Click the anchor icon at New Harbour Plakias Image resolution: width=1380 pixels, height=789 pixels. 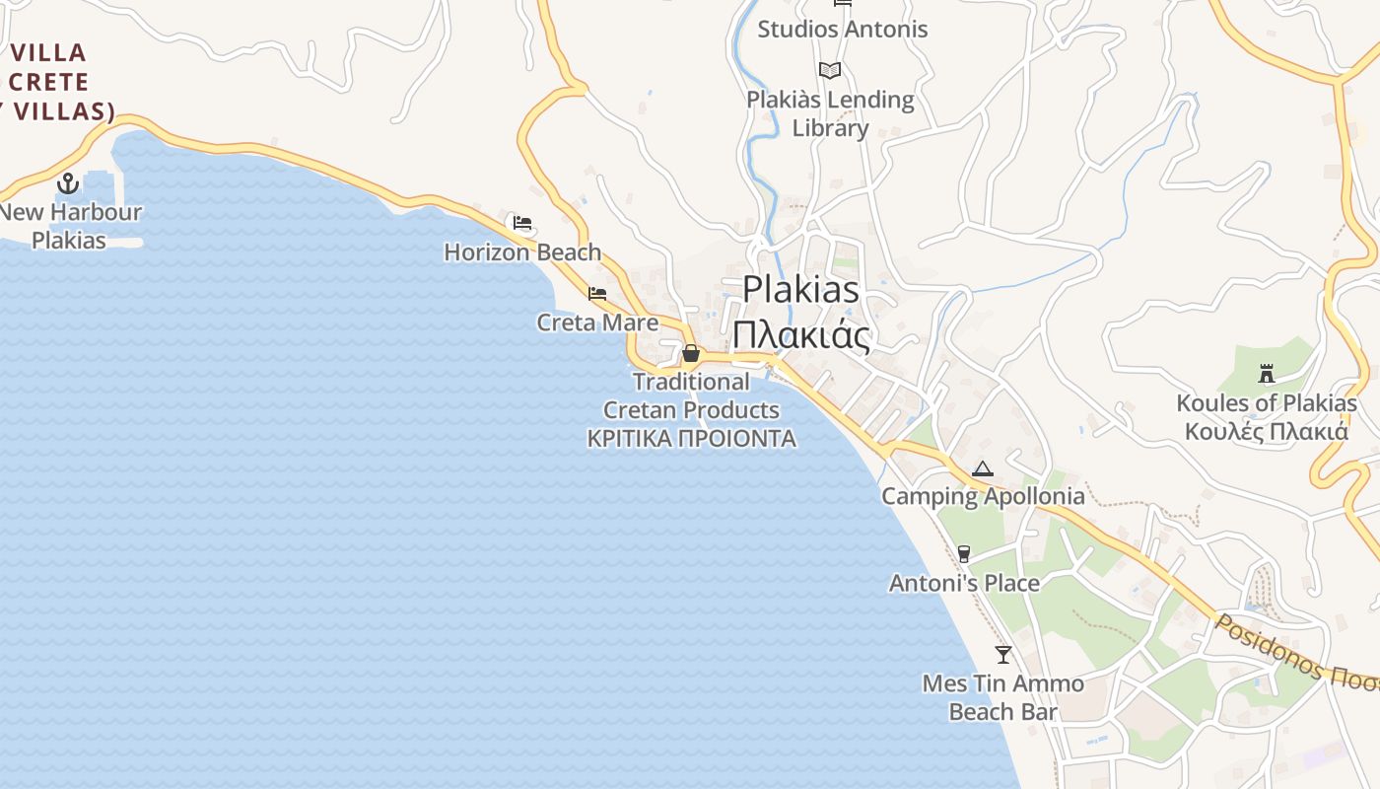click(x=68, y=182)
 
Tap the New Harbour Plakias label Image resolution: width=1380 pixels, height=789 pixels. click(x=70, y=226)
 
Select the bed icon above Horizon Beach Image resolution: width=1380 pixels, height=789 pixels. click(x=522, y=223)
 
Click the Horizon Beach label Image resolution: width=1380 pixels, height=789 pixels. click(x=522, y=252)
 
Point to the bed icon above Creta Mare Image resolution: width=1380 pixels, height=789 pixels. click(x=597, y=293)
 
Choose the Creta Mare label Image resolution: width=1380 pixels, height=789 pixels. click(x=597, y=323)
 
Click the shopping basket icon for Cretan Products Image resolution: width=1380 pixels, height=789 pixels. click(x=691, y=352)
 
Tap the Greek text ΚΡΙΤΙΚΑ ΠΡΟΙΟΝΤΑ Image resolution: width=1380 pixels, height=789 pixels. click(x=691, y=439)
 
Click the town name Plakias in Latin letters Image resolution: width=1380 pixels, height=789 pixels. click(x=800, y=290)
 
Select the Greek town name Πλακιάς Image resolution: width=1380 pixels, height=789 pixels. click(x=800, y=335)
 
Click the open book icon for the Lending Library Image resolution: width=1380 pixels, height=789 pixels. click(x=830, y=70)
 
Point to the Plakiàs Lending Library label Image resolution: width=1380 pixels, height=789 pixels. click(x=830, y=113)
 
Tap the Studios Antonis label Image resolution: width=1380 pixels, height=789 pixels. click(x=842, y=30)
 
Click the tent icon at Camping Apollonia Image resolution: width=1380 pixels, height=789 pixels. click(x=982, y=468)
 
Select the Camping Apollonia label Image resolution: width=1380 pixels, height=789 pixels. click(x=983, y=496)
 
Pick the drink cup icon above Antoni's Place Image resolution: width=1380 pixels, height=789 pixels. click(x=964, y=554)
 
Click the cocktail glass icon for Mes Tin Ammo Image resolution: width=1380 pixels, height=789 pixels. click(x=1003, y=654)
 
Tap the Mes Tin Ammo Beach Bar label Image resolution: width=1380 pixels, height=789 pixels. click(x=1002, y=697)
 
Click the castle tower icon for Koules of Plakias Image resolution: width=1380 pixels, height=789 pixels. click(x=1267, y=374)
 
